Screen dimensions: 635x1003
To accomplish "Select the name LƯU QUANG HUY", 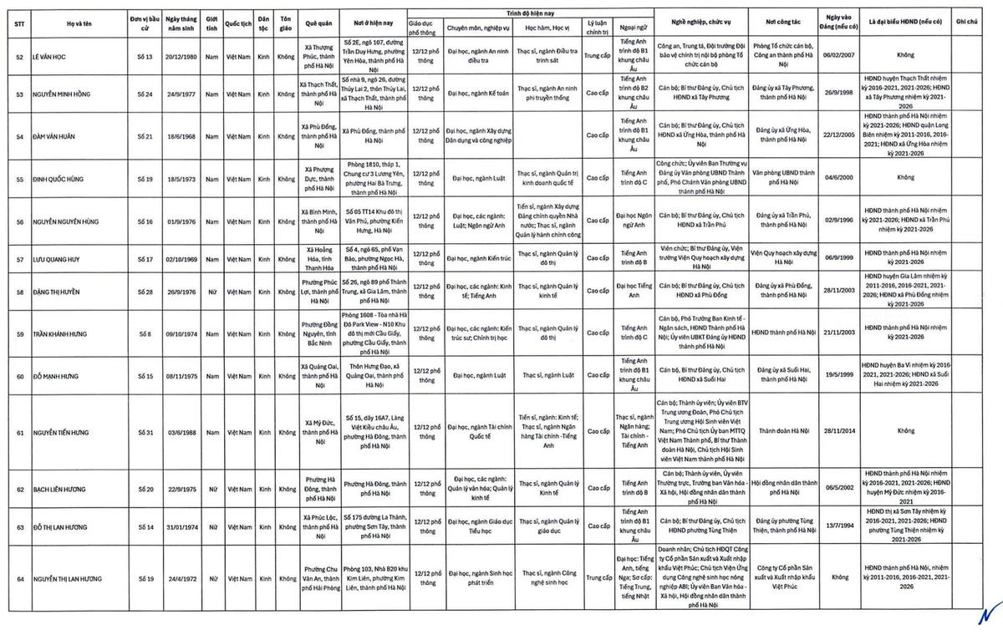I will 57,259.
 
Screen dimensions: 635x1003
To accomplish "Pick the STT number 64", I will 19,578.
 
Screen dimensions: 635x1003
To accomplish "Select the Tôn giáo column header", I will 286,23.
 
